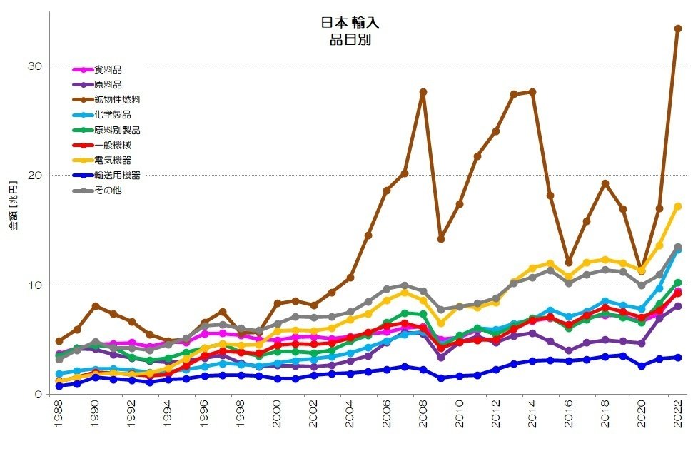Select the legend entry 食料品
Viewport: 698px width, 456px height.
pyautogui.click(x=108, y=69)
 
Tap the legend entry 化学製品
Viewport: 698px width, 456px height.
pyautogui.click(x=112, y=114)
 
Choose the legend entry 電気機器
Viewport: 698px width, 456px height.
pyautogui.click(x=112, y=160)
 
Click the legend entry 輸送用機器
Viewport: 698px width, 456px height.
pyautogui.click(x=117, y=175)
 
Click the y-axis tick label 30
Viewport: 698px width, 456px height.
pyautogui.click(x=34, y=66)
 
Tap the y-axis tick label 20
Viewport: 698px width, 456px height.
pyautogui.click(x=34, y=176)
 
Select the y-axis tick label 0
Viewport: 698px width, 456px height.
pyautogui.click(x=37, y=395)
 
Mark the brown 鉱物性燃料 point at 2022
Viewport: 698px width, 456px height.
pyautogui.click(x=677, y=29)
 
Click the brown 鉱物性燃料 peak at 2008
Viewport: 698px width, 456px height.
pyautogui.click(x=423, y=92)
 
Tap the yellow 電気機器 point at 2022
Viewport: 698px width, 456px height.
pyautogui.click(x=677, y=206)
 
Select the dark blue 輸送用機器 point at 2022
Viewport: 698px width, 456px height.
pyautogui.click(x=677, y=358)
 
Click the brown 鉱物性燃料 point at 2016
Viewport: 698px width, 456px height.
pyautogui.click(x=568, y=263)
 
